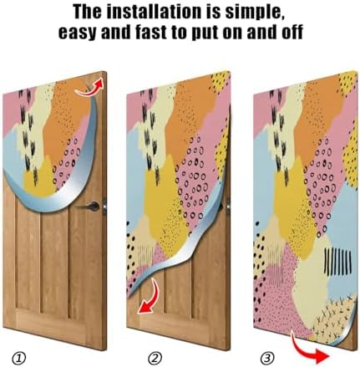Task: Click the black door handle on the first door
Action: [x=94, y=206]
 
